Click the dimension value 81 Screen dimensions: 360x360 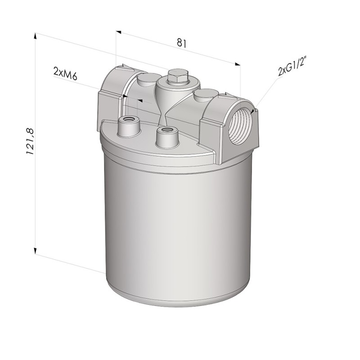point(181,43)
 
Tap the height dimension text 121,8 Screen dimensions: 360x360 point(30,141)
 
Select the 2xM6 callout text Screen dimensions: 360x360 point(65,73)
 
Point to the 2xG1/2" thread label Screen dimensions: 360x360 point(292,67)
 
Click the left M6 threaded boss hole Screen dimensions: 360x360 point(128,120)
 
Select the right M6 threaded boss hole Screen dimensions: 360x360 point(167,130)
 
